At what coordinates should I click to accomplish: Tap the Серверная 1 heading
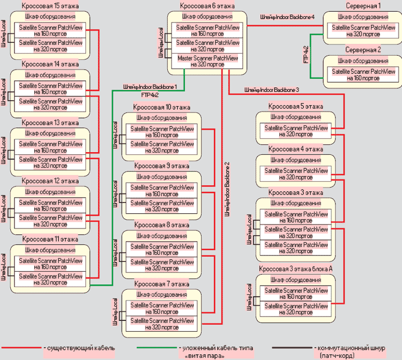click(363, 6)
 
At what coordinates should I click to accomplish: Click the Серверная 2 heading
click(363, 49)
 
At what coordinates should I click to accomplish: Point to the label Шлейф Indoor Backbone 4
click(287, 17)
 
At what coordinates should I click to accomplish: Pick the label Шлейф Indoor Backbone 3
click(271, 89)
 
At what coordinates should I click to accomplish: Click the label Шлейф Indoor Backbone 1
click(150, 86)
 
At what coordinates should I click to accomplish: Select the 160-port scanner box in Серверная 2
click(363, 74)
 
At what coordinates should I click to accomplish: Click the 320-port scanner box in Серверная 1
click(363, 31)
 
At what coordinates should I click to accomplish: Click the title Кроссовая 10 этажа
click(161, 107)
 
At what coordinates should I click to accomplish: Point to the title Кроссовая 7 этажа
click(161, 283)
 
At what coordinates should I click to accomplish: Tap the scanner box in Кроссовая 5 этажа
click(296, 131)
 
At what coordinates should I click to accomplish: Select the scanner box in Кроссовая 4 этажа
click(296, 174)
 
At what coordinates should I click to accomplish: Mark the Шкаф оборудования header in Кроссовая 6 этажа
click(208, 17)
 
